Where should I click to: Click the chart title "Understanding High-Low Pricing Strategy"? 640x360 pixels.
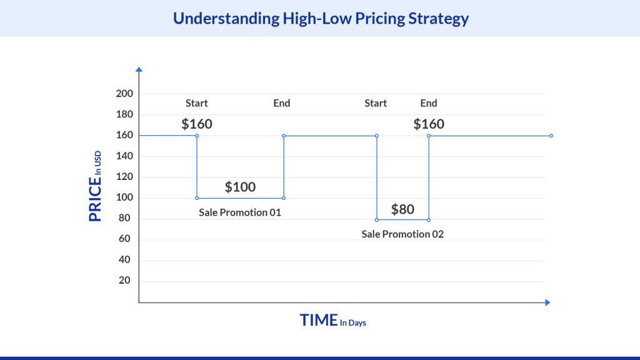tap(321, 19)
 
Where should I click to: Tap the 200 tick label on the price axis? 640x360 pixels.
tap(124, 94)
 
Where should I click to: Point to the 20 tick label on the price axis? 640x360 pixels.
tap(124, 280)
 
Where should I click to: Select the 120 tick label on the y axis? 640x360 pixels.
tap(124, 176)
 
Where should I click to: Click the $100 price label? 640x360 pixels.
tap(240, 187)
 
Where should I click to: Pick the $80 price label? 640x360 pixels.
tap(402, 209)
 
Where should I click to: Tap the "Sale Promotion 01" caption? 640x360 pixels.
tap(240, 212)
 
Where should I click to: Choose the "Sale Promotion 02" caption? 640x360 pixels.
tap(402, 234)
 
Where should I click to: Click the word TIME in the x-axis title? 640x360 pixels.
tap(319, 320)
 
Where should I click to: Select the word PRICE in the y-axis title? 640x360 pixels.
tap(95, 199)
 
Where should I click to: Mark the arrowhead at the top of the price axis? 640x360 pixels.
tap(139, 69)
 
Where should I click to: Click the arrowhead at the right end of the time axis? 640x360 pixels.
tap(547, 302)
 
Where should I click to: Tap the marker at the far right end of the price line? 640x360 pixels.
tap(551, 136)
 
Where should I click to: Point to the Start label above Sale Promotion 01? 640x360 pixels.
tap(197, 103)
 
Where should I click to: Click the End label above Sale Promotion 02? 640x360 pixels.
tap(429, 103)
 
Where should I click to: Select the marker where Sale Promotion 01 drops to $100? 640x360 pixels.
tap(197, 198)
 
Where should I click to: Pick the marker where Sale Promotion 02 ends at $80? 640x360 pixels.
tap(429, 220)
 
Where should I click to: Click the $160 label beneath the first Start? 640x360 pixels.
tap(197, 124)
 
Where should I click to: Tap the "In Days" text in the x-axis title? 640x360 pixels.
tap(353, 323)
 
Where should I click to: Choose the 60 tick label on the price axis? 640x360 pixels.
tap(124, 238)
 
